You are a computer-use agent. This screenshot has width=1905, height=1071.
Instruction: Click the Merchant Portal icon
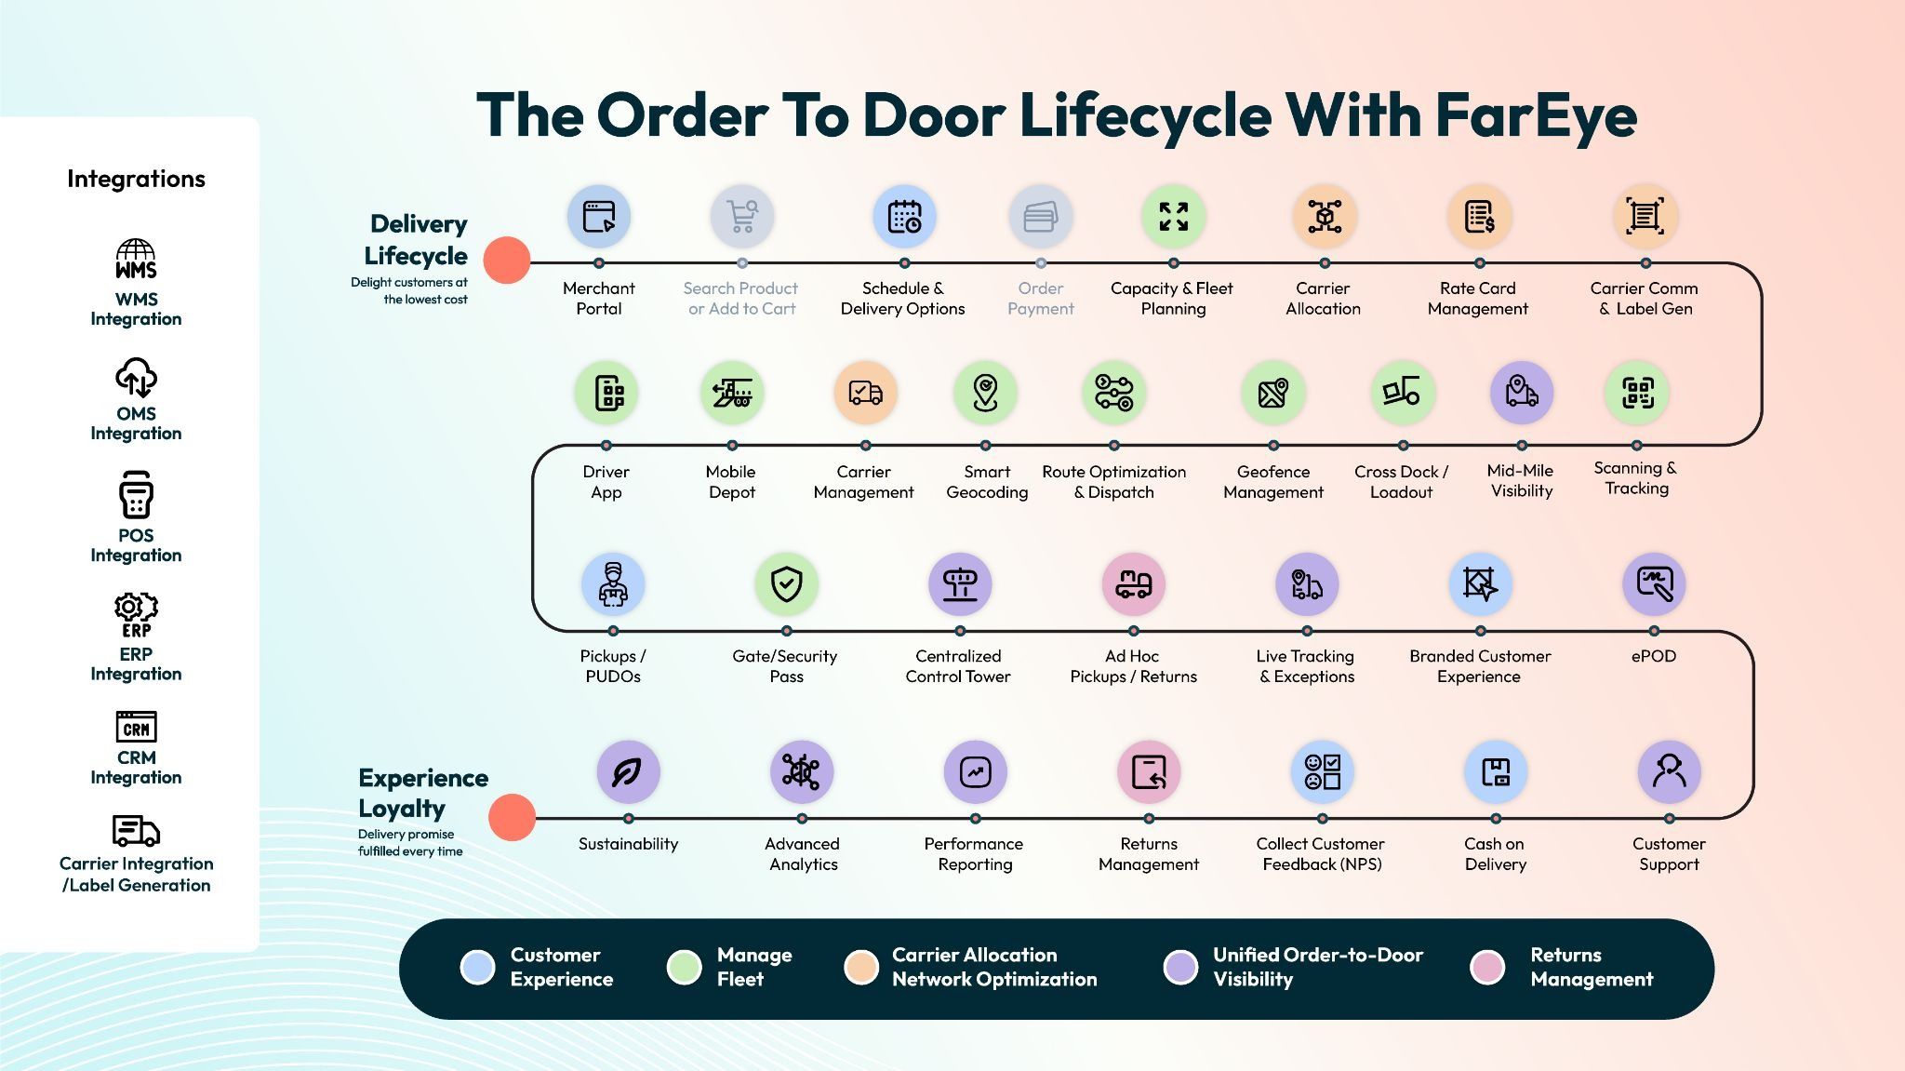click(599, 217)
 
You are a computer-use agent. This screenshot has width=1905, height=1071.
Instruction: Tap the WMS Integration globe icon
click(136, 259)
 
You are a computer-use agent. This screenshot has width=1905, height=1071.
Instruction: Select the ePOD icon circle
click(1654, 584)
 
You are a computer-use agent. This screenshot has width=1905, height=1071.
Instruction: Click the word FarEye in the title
click(1536, 115)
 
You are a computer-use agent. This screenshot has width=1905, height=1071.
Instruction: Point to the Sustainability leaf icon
click(628, 772)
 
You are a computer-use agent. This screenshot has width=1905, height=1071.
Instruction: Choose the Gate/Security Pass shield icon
click(786, 584)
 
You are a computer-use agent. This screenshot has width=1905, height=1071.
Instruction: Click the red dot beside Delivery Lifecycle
click(507, 261)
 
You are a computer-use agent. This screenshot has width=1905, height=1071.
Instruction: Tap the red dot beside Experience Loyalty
click(512, 817)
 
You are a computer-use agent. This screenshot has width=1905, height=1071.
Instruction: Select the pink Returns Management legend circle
click(1487, 967)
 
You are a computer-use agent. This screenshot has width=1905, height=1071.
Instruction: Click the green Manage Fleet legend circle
click(684, 967)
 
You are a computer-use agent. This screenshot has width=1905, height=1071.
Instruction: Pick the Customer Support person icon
click(1669, 772)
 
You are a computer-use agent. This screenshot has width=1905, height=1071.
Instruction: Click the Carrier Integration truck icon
click(136, 830)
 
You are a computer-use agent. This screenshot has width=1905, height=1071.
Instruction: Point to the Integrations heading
click(136, 179)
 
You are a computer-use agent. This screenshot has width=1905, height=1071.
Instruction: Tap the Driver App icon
click(606, 393)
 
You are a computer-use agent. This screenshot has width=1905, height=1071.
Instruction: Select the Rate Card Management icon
click(1479, 217)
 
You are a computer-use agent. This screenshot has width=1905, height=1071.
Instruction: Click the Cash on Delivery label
click(1495, 854)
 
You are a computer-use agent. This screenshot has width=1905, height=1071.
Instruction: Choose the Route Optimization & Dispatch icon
click(1113, 393)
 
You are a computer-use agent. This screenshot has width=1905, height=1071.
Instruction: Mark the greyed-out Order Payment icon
click(1040, 217)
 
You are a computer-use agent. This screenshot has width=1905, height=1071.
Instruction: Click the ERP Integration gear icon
click(136, 614)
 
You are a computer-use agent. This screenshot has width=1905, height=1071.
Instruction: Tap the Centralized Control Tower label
click(958, 666)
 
